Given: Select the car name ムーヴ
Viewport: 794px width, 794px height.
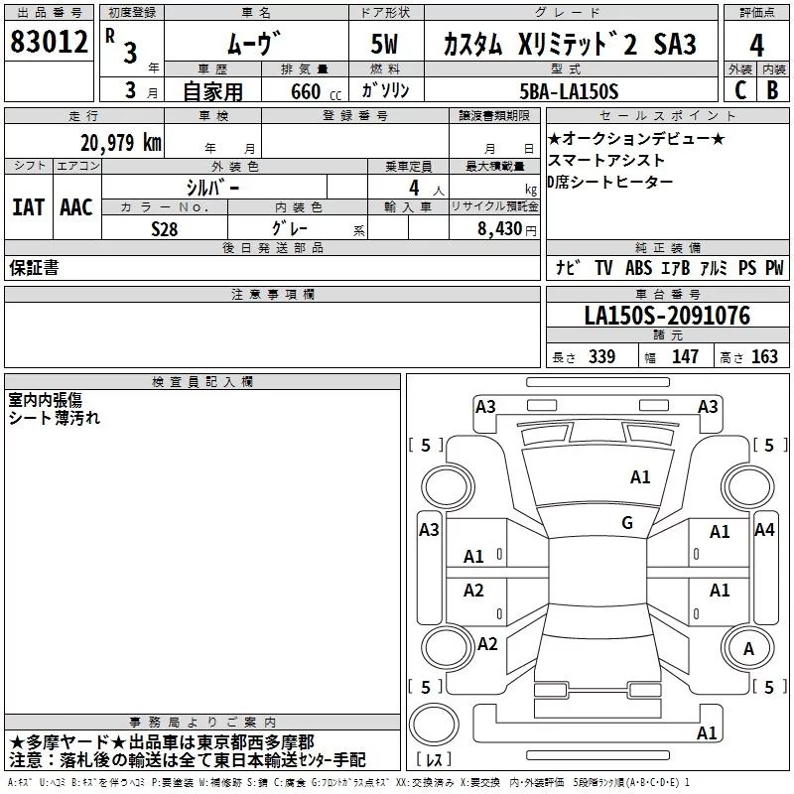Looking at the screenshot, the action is tap(254, 45).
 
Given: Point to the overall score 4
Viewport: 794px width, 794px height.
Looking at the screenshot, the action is tap(757, 45).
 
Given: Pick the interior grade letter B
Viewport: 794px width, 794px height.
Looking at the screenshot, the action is tap(772, 89).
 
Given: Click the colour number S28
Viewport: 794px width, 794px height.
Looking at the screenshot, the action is tap(164, 229).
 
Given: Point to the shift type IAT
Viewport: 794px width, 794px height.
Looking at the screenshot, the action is tap(28, 207).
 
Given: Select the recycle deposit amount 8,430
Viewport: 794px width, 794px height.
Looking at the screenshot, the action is tap(498, 229).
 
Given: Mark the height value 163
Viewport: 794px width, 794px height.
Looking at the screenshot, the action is tap(764, 357).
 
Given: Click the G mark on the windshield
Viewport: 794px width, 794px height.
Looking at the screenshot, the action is tap(626, 523).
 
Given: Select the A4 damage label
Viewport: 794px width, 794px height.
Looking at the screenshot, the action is tap(764, 530).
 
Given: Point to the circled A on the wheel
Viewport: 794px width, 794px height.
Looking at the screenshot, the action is tap(749, 648).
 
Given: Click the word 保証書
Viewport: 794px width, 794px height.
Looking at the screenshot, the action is tap(34, 267).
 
